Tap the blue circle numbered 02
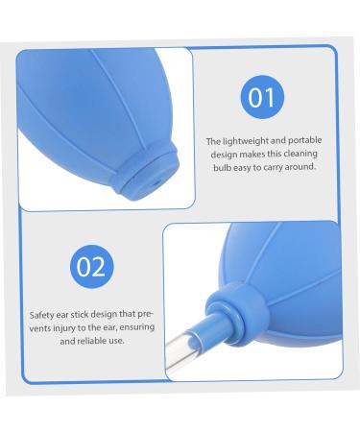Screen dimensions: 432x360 click(x=91, y=266)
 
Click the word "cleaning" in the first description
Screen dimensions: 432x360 click(x=307, y=154)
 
